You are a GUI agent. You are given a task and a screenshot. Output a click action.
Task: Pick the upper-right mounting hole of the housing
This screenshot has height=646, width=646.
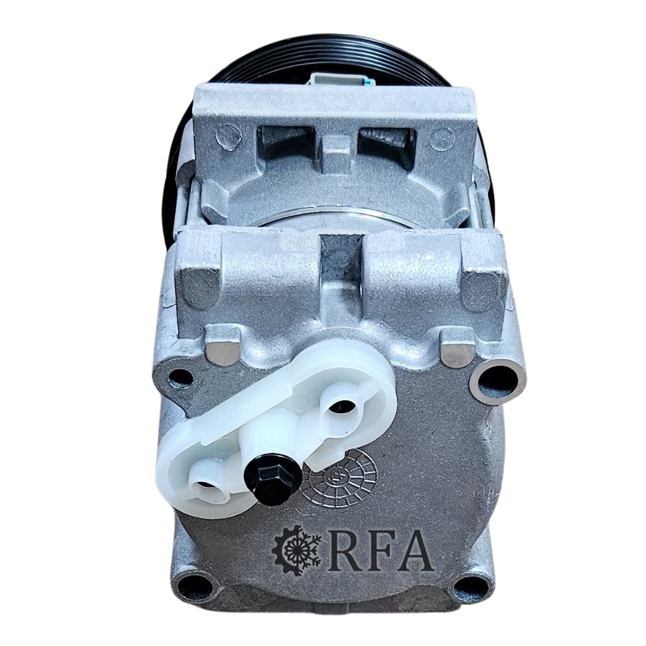point(495,380)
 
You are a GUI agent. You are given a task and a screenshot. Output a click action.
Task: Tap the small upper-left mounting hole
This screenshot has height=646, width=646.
point(178,376)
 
